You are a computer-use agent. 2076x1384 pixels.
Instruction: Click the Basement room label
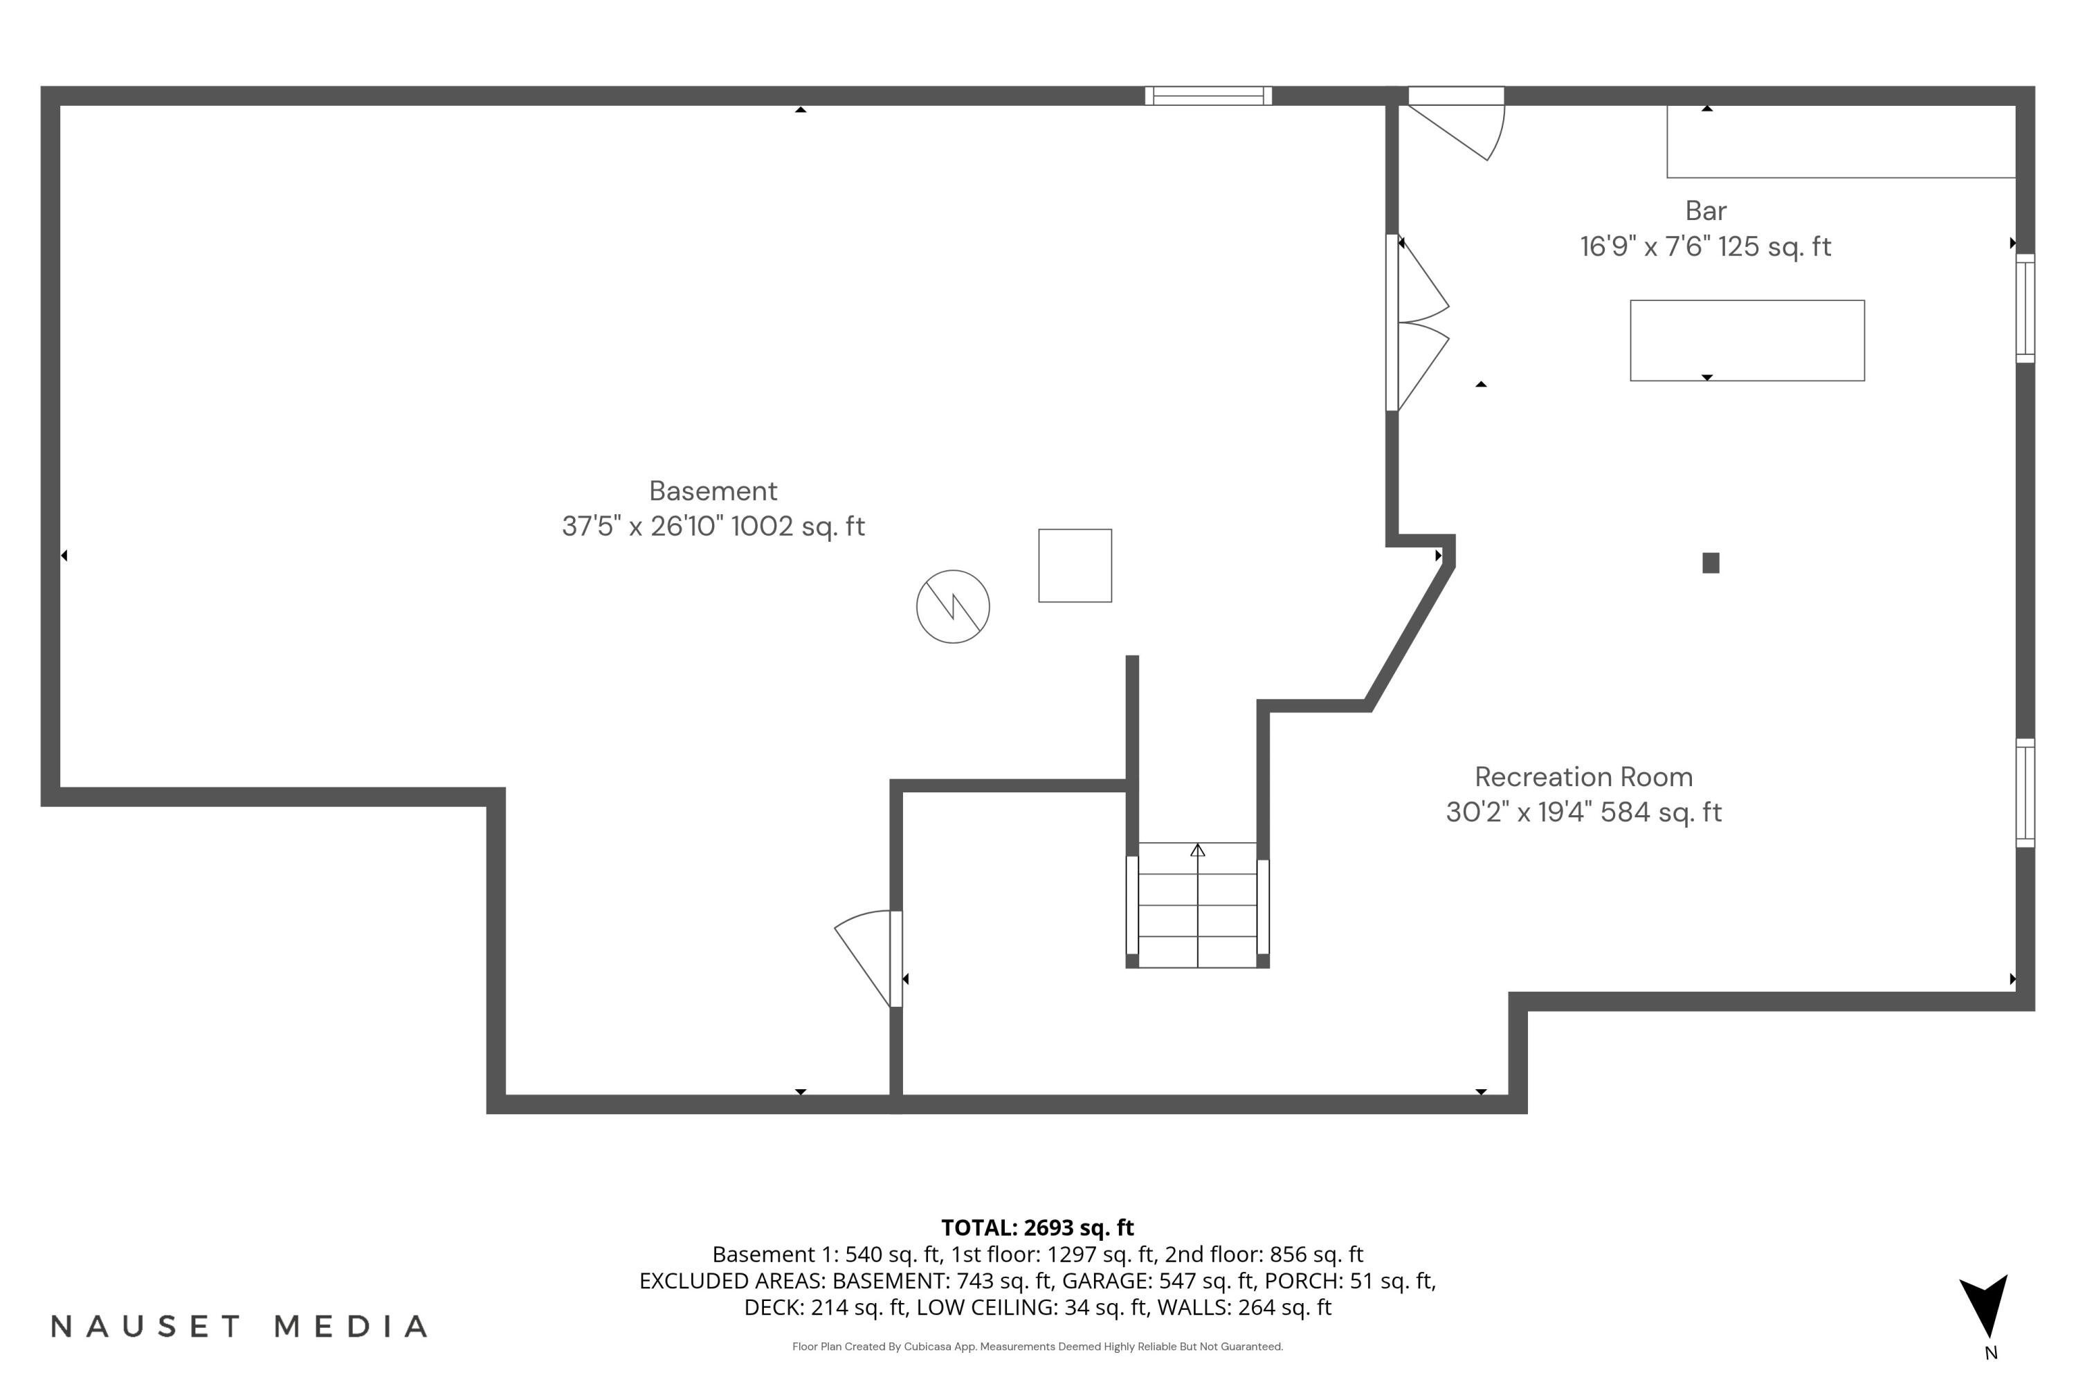click(x=713, y=491)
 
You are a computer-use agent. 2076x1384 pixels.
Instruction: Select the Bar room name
click(x=1705, y=211)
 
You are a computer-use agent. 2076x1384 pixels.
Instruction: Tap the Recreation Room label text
click(x=1583, y=776)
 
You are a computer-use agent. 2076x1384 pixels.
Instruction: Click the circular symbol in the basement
click(x=952, y=606)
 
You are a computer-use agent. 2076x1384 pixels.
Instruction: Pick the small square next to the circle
click(x=1074, y=566)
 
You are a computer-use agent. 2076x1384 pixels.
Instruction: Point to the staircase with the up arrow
click(x=1197, y=904)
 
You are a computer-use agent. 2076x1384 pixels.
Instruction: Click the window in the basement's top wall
click(x=1208, y=96)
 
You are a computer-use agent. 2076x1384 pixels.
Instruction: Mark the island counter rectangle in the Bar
click(x=1747, y=340)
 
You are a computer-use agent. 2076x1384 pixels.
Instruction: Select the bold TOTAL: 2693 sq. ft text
click(x=1037, y=1228)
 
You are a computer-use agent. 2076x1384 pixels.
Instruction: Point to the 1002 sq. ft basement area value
click(x=798, y=526)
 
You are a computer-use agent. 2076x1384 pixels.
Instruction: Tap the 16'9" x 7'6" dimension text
click(x=1643, y=246)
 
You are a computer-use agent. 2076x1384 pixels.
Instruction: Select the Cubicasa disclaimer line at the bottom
click(x=1037, y=1346)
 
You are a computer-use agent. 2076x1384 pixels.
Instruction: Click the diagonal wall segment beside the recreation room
click(x=1410, y=635)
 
